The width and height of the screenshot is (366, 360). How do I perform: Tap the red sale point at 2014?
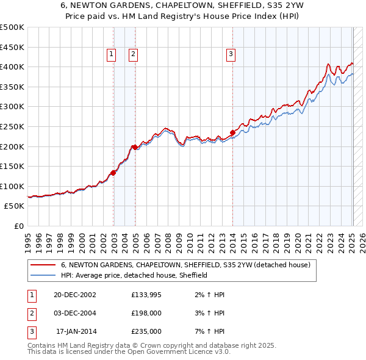(x=232, y=132)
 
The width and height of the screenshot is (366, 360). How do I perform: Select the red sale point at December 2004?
(x=134, y=147)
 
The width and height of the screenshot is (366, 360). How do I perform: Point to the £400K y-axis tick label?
(x=12, y=67)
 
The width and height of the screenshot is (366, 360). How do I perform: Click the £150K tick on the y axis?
(x=12, y=166)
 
